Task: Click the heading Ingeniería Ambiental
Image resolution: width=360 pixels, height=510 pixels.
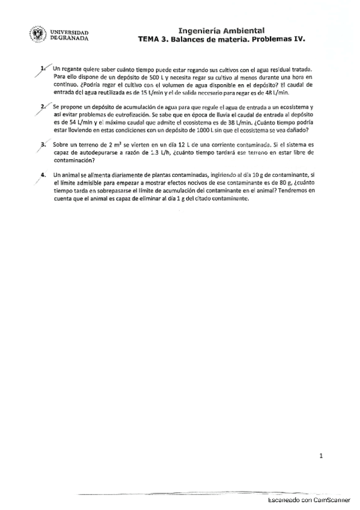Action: click(x=221, y=29)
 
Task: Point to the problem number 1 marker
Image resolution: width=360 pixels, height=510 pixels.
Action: click(x=41, y=69)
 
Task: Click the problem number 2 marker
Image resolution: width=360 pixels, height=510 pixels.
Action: click(x=41, y=106)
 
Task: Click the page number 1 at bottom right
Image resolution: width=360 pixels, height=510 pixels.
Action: click(x=322, y=456)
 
